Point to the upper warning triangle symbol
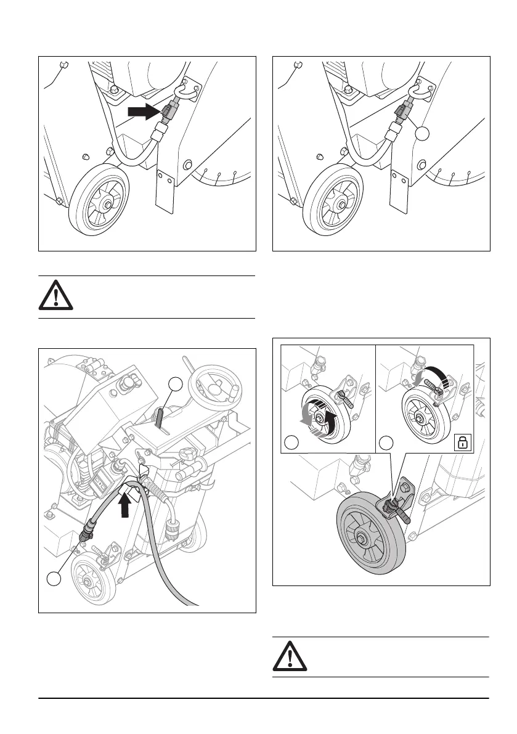click(x=56, y=296)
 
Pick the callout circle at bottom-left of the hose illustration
click(x=54, y=579)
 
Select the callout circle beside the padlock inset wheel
click(x=386, y=442)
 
